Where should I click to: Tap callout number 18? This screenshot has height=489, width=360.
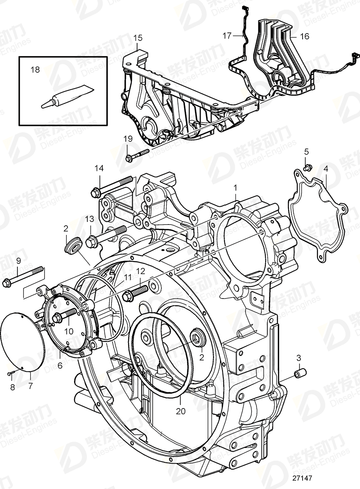pyautogui.click(x=35, y=70)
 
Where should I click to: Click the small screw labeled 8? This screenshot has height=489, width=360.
pyautogui.click(x=12, y=373)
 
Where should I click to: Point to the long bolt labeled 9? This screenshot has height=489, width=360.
pyautogui.click(x=24, y=275)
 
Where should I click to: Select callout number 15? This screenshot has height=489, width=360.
pyautogui.click(x=138, y=38)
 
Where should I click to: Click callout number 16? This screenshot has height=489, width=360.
pyautogui.click(x=304, y=36)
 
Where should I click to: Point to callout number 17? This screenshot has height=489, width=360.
pyautogui.click(x=227, y=36)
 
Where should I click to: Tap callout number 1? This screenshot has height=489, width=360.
pyautogui.click(x=236, y=188)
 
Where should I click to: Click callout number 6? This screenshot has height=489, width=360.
pyautogui.click(x=59, y=364)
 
